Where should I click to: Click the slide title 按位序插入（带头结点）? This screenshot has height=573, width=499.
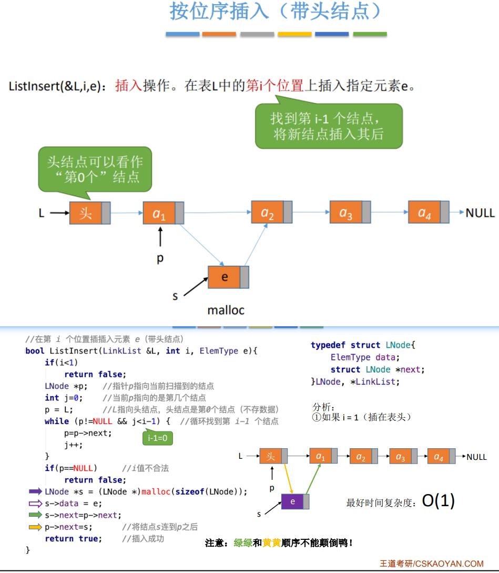(x=276, y=12)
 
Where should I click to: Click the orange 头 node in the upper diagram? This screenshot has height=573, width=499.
(x=86, y=213)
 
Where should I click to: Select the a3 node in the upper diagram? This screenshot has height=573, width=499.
(x=346, y=212)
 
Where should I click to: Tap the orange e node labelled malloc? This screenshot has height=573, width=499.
(x=225, y=277)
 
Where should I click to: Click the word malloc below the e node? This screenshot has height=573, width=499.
(x=226, y=310)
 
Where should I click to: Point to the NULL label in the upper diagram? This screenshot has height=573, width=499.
(x=480, y=213)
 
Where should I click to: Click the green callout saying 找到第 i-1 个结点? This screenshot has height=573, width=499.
(x=329, y=126)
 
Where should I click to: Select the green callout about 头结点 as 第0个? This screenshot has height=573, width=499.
(x=95, y=169)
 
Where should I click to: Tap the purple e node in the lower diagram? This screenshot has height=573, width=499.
(x=292, y=501)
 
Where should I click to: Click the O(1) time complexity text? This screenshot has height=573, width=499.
(x=438, y=501)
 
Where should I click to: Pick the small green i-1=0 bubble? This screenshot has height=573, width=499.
(x=157, y=438)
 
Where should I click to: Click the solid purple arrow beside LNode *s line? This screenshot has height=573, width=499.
(x=35, y=491)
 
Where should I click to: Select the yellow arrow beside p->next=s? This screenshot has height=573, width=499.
(x=35, y=527)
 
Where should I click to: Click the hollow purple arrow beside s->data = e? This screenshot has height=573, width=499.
(x=35, y=504)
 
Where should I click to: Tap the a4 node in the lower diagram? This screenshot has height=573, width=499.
(x=439, y=457)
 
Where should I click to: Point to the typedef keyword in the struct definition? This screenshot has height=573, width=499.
(x=329, y=345)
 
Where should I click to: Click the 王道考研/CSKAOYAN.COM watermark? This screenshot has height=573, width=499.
(x=432, y=563)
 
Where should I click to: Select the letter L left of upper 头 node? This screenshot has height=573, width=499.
(x=42, y=213)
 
